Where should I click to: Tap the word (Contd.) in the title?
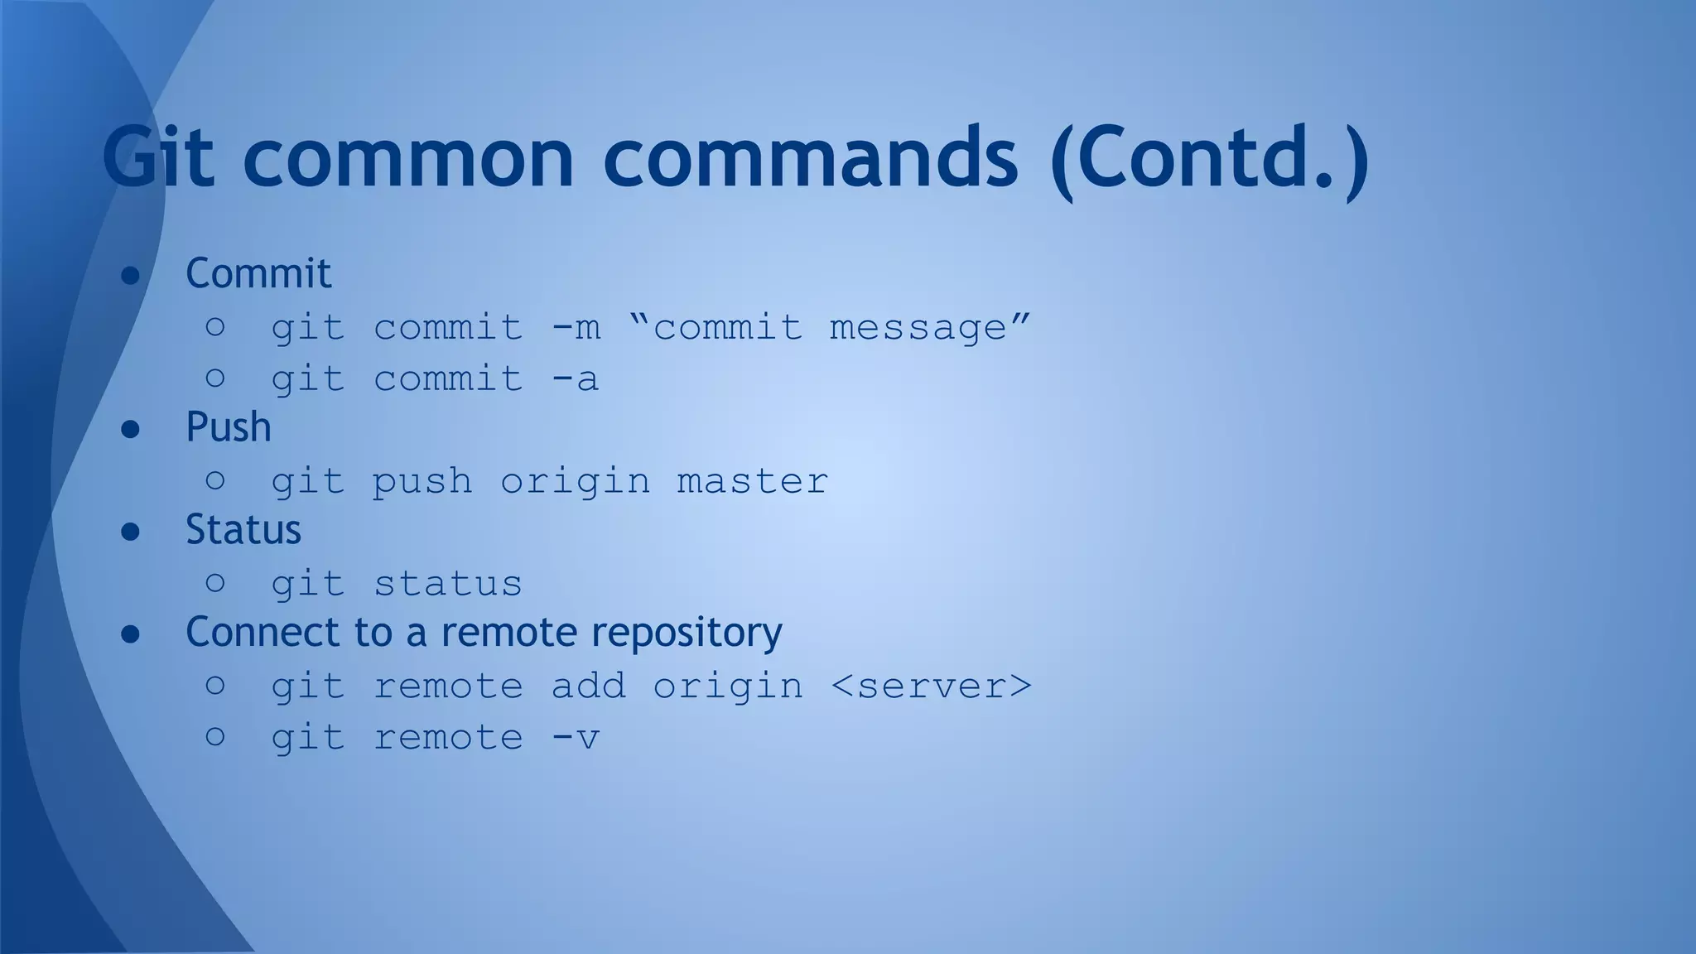tap(1208, 157)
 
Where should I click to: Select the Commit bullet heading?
tap(258, 273)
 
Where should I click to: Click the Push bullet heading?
tap(229, 427)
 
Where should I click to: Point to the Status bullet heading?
tap(243, 530)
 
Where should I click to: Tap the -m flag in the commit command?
tap(576, 328)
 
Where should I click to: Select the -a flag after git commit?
tap(576, 379)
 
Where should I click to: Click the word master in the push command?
tap(752, 482)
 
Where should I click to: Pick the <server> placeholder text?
tap(931, 687)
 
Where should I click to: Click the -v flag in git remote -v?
tap(576, 738)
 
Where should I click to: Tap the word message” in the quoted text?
tap(930, 328)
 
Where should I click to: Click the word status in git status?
tap(448, 585)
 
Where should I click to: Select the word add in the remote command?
tap(588, 687)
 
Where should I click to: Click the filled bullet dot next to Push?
tap(130, 429)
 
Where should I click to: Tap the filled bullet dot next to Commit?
tap(130, 275)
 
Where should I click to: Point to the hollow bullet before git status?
tap(215, 583)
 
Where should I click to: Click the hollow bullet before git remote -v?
tap(215, 736)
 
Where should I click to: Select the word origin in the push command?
tap(575, 482)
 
